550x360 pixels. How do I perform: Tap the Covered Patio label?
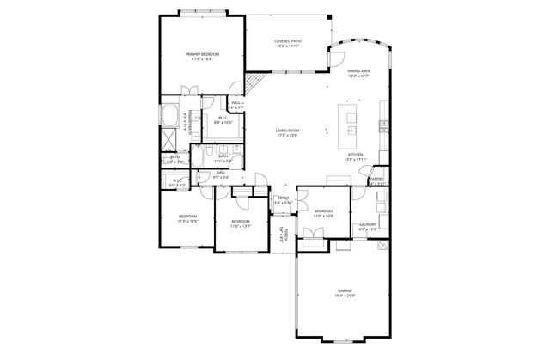coord(287,41)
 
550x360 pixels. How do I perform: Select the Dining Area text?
coord(358,71)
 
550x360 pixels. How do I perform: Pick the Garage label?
coord(344,291)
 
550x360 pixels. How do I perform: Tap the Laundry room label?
coord(367,225)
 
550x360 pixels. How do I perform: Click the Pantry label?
coord(376,180)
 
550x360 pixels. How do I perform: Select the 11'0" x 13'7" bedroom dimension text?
coord(241,227)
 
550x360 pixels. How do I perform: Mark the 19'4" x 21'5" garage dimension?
coord(344,296)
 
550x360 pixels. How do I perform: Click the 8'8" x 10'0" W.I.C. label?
coord(223,120)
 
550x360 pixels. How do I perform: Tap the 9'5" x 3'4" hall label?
coord(221,175)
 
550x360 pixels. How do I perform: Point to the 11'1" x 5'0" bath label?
coord(223,158)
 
